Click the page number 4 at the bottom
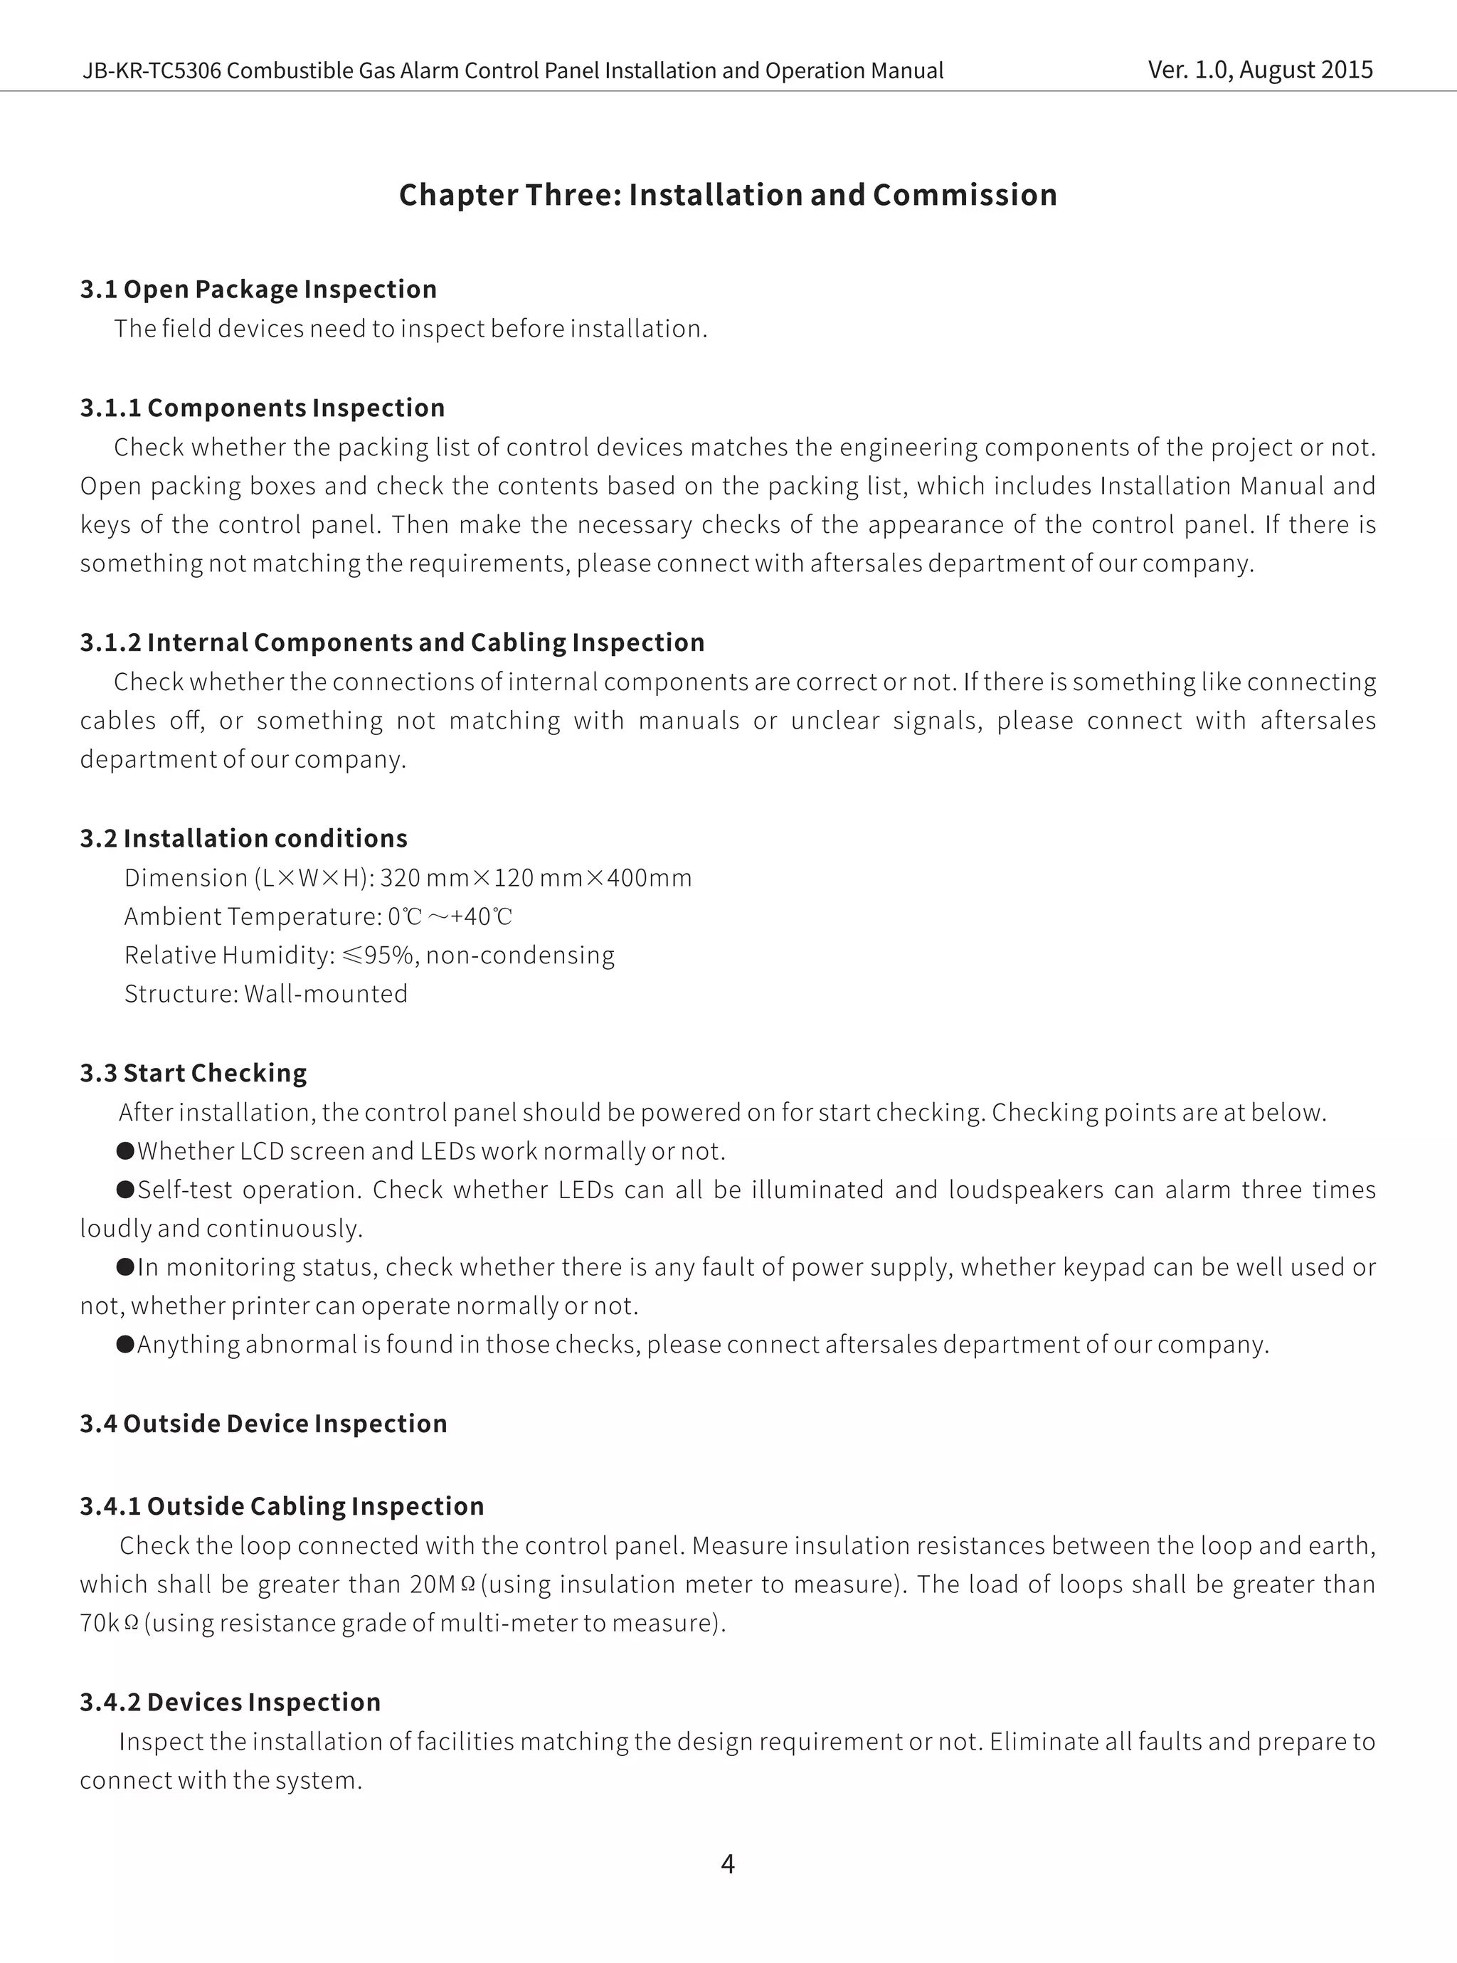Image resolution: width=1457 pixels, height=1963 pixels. pyautogui.click(x=728, y=1863)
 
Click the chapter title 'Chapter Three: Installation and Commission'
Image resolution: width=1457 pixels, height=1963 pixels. pyautogui.click(x=728, y=195)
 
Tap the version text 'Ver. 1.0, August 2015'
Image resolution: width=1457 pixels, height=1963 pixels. pyautogui.click(x=1261, y=70)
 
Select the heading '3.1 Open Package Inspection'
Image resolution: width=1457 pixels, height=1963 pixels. pyautogui.click(x=258, y=290)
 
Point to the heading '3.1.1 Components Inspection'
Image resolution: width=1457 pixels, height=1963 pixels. pyautogui.click(x=262, y=408)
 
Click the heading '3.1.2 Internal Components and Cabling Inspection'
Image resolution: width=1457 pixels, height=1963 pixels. pyautogui.click(x=393, y=642)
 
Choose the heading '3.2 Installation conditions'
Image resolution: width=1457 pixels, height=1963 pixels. pyautogui.click(x=243, y=837)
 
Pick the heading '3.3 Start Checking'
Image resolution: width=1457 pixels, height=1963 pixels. pyautogui.click(x=193, y=1072)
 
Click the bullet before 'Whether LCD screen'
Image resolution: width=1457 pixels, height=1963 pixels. pyautogui.click(x=125, y=1150)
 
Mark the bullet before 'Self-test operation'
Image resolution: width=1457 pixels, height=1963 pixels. pyautogui.click(x=125, y=1190)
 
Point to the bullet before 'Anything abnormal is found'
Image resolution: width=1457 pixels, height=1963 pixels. pyautogui.click(x=125, y=1344)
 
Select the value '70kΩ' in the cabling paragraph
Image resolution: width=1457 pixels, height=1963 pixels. pyautogui.click(x=110, y=1624)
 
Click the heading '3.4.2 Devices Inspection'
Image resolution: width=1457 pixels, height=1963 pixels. pyautogui.click(x=231, y=1702)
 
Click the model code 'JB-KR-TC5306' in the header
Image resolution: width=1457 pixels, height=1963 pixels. pyautogui.click(x=152, y=70)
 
